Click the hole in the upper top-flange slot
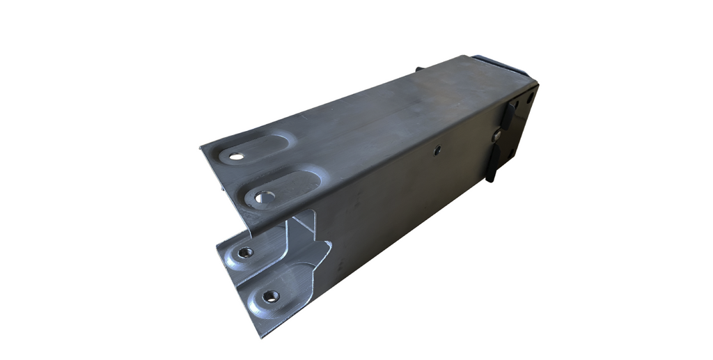(x=237, y=155)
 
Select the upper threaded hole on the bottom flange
(x=244, y=252)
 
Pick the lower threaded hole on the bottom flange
(x=270, y=296)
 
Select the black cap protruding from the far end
(x=507, y=62)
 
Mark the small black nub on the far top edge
(x=419, y=69)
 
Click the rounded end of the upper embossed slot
(x=286, y=143)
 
